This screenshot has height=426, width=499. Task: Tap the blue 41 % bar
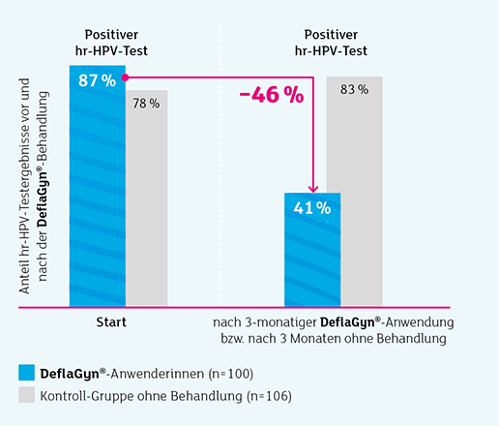[312, 257]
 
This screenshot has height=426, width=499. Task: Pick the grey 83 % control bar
[354, 203]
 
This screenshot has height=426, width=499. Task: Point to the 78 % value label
[146, 104]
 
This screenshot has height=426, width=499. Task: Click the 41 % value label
[312, 207]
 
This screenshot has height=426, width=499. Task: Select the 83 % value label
[354, 89]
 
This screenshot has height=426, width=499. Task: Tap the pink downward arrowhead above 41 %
[312, 188]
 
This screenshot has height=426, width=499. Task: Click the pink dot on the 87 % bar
[126, 76]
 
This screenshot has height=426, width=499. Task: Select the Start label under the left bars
[116, 322]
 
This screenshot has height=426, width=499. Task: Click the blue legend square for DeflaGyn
[26, 374]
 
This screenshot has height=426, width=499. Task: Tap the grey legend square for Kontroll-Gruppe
[26, 396]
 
